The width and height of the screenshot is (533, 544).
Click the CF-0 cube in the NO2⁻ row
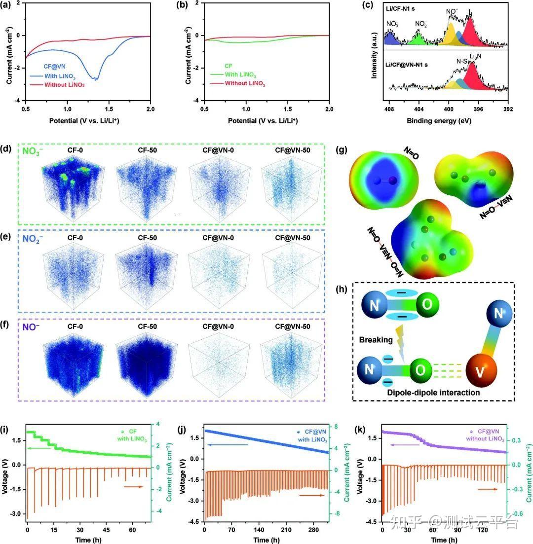coord(72,274)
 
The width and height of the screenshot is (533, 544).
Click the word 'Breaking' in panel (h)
coord(377,340)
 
